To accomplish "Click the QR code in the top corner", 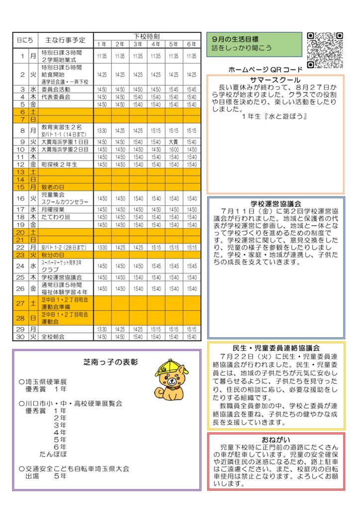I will coord(325,50).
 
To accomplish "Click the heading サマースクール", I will coord(275,80).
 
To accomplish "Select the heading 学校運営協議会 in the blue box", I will coord(276,204).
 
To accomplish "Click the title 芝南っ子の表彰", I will coord(111,362).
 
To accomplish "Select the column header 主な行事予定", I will coord(65,40).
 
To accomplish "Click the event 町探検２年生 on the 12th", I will coord(58,164).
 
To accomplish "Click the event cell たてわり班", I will coord(55,217).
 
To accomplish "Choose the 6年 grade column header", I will coord(191,44).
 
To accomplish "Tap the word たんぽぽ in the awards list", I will coord(53,454).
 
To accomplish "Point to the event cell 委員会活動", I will coord(55,89).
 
